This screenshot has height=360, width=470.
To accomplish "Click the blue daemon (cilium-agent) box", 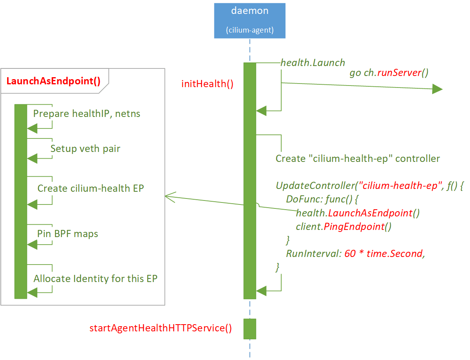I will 249,20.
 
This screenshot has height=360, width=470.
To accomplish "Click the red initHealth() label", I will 207,84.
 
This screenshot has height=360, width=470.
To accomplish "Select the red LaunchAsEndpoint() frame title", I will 53,81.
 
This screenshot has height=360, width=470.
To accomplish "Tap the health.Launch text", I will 313,63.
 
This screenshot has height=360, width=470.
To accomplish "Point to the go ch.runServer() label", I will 388,73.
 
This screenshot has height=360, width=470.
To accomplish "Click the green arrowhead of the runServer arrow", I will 437,89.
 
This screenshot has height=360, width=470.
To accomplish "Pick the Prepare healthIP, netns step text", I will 87,114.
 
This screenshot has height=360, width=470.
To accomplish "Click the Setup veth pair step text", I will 85,149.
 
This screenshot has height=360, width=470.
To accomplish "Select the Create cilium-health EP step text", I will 91,188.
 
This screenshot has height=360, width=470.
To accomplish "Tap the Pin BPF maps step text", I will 68,234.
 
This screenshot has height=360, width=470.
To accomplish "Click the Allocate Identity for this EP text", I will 95,278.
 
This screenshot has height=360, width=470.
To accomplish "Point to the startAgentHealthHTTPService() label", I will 160,328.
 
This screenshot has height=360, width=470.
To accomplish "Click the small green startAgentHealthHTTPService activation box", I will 250,329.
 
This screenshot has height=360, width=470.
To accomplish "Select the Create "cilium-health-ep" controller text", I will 357,159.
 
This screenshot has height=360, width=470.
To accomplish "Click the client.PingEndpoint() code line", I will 344,227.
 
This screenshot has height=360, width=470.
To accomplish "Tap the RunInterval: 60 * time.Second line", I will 355,254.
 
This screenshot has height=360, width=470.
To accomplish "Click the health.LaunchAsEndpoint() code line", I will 358,213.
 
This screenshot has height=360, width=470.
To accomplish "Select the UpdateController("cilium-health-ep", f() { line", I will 369,186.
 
